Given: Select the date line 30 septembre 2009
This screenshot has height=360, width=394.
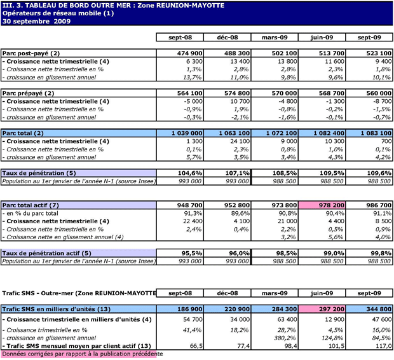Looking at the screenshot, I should [36, 21].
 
